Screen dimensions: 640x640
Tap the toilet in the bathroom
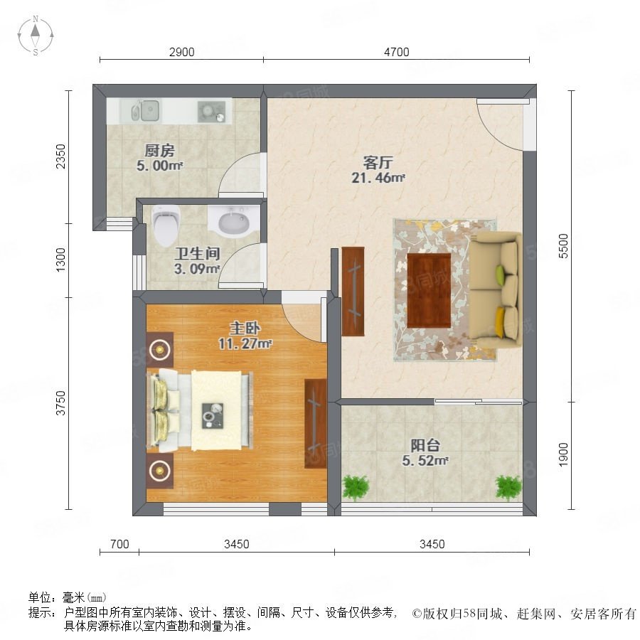coord(166,225)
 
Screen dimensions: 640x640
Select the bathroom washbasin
coord(233,222)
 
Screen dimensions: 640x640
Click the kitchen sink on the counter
coord(145,111)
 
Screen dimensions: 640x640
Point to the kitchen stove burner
coord(211,112)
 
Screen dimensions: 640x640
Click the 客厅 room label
coord(378,162)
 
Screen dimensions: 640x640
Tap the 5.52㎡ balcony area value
coord(425,461)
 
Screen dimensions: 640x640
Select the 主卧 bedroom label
coord(245,328)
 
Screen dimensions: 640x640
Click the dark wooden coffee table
coord(429,290)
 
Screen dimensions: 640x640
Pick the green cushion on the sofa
coord(500,271)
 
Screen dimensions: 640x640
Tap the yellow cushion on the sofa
coord(500,322)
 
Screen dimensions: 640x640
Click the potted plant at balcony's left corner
coord(356,487)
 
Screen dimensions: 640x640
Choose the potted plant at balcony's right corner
coord(508,487)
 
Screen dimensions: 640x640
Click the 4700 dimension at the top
coord(396,52)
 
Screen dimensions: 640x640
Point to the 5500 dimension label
coord(563,246)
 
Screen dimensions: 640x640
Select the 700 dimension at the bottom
coord(119,544)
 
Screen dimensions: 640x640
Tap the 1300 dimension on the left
coord(60,260)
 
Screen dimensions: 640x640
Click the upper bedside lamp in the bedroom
coord(159,349)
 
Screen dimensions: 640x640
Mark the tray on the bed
coord(213,416)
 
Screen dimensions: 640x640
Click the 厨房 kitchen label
coord(159,151)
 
